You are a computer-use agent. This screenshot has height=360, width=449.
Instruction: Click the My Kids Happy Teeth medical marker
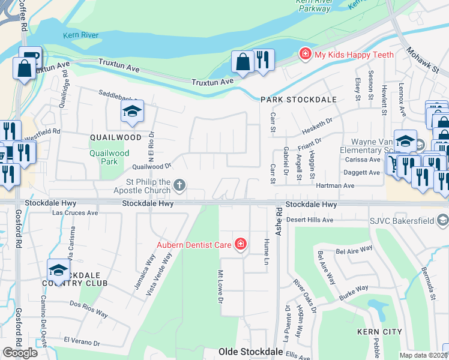click(306, 55)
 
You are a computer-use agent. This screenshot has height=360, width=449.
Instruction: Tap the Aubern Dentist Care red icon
click(240, 244)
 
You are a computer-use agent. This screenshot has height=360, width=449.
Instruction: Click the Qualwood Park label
click(109, 157)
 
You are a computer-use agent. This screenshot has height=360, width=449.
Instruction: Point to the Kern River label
click(81, 35)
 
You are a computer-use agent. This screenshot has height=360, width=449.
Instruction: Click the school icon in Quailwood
click(132, 111)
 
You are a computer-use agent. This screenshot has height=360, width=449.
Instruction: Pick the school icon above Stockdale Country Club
click(58, 269)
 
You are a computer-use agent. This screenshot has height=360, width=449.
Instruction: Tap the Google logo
click(20, 353)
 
